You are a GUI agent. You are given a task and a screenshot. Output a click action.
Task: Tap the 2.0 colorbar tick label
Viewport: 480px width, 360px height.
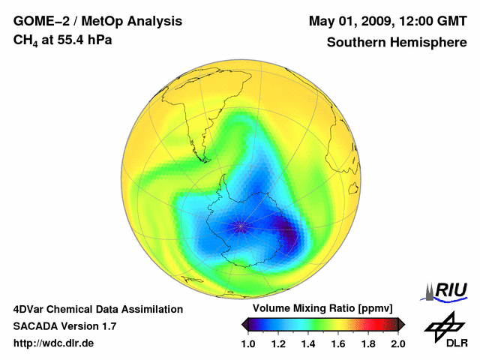point(398,343)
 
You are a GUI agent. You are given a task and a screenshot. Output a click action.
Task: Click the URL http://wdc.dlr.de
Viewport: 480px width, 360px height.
point(54,343)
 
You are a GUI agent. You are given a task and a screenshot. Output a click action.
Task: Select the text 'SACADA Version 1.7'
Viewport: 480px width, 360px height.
point(64,326)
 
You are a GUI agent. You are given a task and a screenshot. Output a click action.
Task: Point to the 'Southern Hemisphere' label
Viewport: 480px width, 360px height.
point(397,43)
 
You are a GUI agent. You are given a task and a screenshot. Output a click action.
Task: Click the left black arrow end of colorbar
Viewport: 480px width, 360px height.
point(245,324)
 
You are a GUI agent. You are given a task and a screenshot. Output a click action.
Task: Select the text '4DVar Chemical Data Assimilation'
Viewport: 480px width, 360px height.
point(98,309)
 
